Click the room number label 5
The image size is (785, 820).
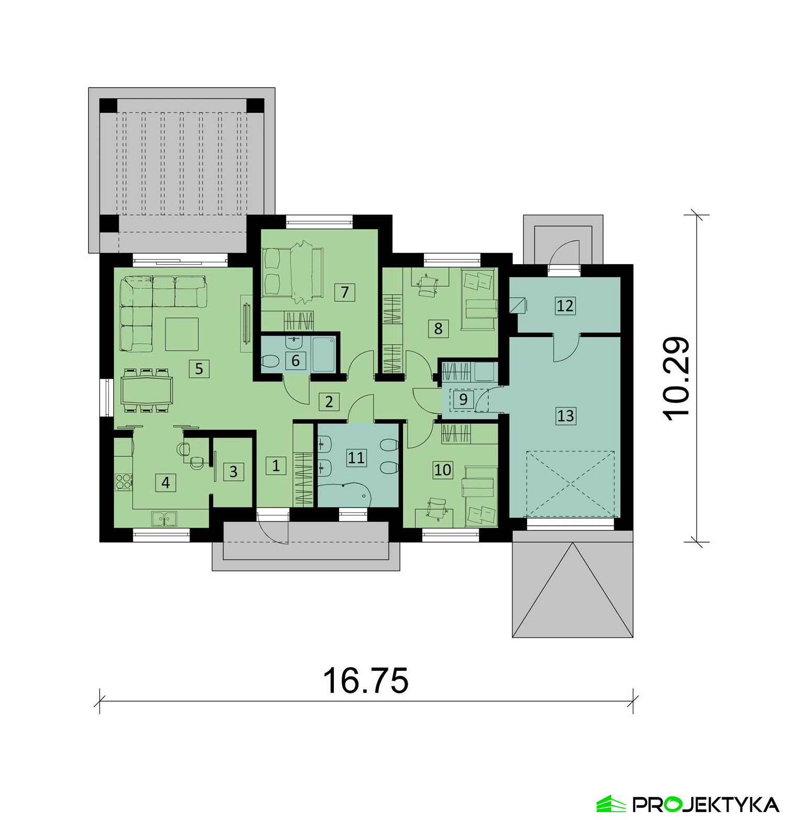(199, 368)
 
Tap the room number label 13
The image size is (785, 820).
(565, 415)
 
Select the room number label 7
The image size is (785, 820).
(344, 291)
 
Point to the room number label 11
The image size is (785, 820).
(356, 457)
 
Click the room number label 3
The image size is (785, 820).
(233, 471)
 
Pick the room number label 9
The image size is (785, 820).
(463, 399)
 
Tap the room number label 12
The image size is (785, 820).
(565, 305)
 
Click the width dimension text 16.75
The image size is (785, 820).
(366, 681)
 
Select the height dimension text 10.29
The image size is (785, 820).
(676, 378)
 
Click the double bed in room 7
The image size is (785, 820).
(293, 274)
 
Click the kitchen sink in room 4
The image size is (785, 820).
(164, 519)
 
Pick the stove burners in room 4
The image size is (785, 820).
(124, 481)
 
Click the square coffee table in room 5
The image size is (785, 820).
(182, 334)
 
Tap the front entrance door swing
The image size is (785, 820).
(273, 529)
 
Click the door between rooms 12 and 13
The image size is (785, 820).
(566, 347)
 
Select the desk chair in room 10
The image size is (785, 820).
(435, 509)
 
